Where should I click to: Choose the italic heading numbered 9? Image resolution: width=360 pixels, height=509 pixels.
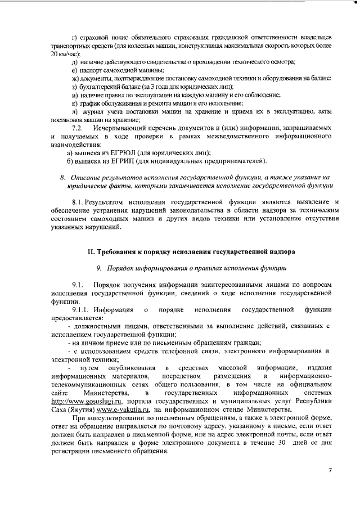191,268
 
